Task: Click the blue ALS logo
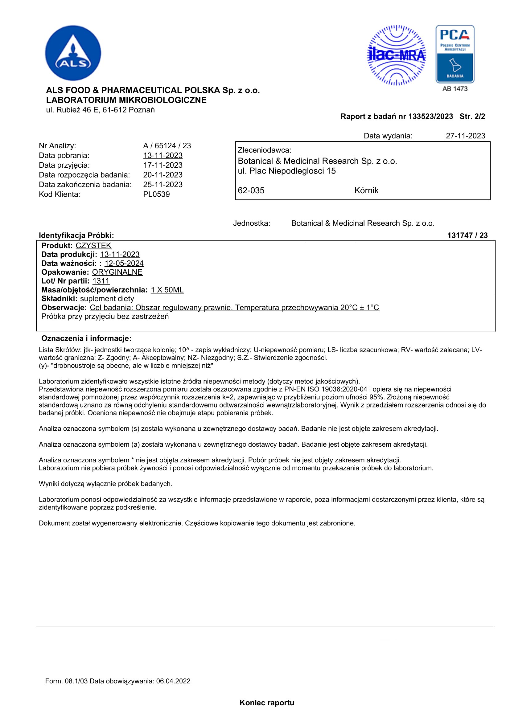(73, 53)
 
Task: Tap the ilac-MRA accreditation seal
(396, 55)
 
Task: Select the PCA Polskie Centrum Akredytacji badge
(455, 54)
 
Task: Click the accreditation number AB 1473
(455, 89)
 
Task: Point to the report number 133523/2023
(430, 117)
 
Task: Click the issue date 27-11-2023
(465, 136)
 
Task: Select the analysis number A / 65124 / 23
(167, 146)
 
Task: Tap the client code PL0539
(156, 195)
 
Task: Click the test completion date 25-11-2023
(163, 185)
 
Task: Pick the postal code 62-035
(251, 190)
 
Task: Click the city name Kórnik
(366, 190)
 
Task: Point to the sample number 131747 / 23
(467, 236)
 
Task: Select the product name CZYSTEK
(93, 246)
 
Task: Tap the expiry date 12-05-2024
(124, 263)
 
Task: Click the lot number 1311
(101, 281)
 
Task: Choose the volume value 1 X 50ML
(167, 290)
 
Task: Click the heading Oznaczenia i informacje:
(86, 338)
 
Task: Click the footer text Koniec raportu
(267, 703)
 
